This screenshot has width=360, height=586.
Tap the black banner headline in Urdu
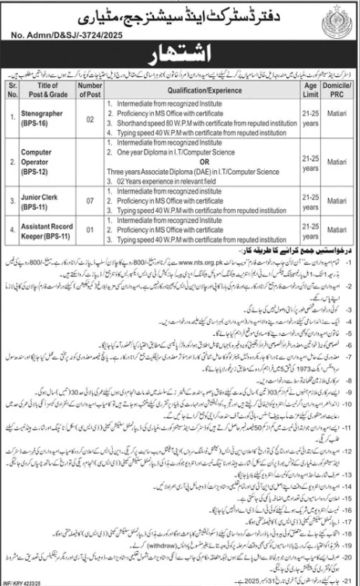[x=180, y=56]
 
